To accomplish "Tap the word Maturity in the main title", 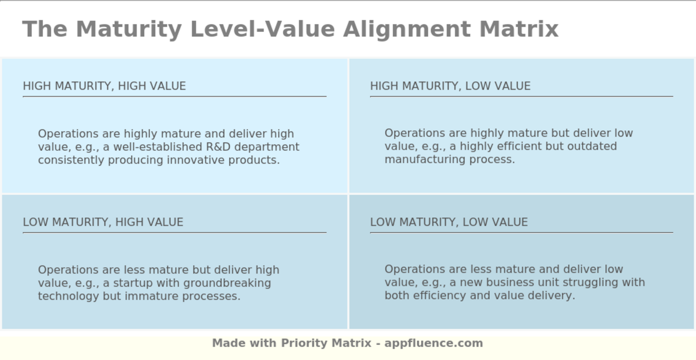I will [x=129, y=29].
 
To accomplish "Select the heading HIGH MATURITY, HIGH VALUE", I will [x=104, y=86].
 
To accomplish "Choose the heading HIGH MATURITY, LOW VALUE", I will [x=450, y=86].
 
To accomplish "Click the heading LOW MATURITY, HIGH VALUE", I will [x=103, y=222].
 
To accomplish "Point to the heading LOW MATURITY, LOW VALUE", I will [x=448, y=222].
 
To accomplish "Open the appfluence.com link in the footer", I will [x=434, y=343].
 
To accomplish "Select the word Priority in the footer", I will [x=302, y=343].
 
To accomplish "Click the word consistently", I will [x=72, y=160].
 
